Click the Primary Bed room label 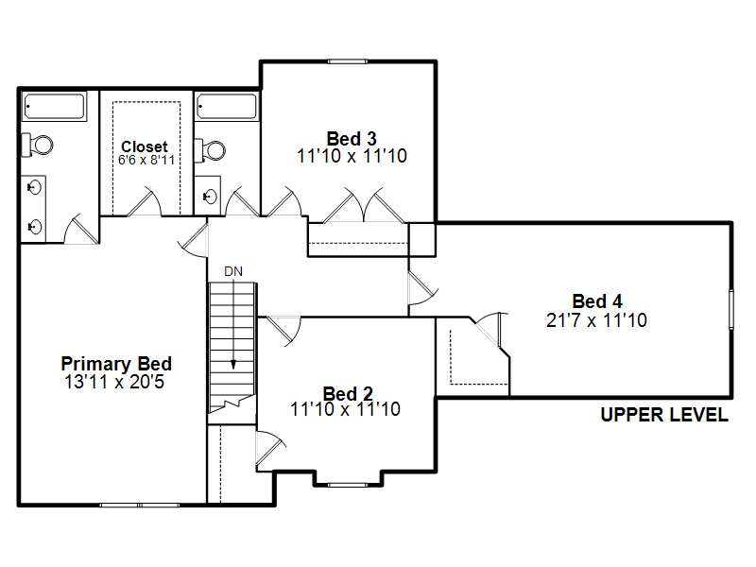(x=116, y=364)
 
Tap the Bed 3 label (x=352, y=139)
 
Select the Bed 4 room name (x=597, y=301)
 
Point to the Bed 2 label (x=348, y=393)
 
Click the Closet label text (x=145, y=146)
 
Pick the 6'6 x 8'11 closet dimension (x=146, y=160)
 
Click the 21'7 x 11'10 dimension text (x=596, y=320)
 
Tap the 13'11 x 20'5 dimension (x=114, y=382)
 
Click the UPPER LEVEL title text (x=664, y=415)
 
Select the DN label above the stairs (x=233, y=271)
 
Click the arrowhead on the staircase (x=233, y=365)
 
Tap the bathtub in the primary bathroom (x=55, y=106)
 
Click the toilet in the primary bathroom (x=38, y=145)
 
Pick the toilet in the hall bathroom (x=210, y=150)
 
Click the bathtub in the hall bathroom (x=227, y=106)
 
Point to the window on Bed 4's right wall (x=731, y=309)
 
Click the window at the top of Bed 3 (x=348, y=61)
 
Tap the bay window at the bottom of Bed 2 (x=348, y=485)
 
